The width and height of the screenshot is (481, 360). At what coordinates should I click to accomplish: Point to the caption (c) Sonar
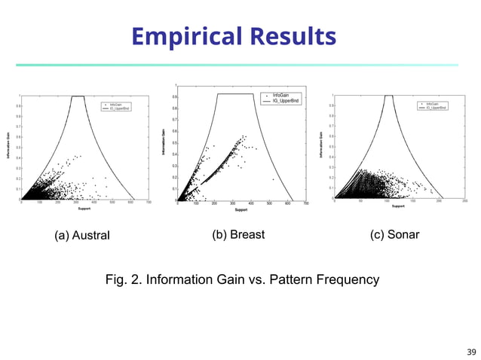[395, 235]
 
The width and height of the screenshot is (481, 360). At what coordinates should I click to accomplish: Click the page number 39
[471, 352]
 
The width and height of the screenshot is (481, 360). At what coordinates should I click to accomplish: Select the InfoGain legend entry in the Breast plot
[280, 96]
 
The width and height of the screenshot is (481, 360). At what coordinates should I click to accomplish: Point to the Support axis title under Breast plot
[241, 210]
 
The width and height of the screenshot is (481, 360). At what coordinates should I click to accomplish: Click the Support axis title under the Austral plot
[84, 209]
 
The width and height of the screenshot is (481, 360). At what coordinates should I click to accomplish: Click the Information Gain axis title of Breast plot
[164, 142]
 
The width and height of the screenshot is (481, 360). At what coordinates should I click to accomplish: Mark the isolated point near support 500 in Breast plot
[272, 179]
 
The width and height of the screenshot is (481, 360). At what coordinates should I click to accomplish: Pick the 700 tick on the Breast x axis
[306, 203]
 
